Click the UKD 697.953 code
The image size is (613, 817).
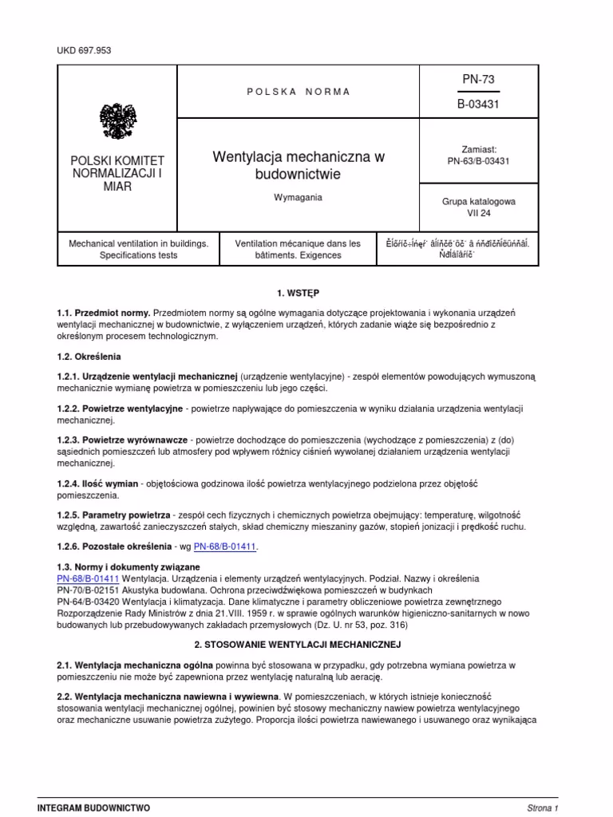83,50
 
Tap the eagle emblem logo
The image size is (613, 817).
117,120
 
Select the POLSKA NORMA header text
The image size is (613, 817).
298,92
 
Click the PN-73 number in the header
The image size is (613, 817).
479,79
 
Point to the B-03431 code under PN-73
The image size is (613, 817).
479,104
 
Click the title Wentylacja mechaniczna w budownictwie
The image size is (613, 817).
298,165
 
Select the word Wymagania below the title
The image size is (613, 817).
298,197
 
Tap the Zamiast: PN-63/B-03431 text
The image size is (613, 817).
479,155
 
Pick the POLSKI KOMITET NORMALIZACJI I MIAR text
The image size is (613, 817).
117,174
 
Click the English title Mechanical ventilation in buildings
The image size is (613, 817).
117,249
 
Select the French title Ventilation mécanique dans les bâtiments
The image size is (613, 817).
298,249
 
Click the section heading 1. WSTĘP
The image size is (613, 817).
298,294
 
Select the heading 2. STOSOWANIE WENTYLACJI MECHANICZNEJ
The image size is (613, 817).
298,644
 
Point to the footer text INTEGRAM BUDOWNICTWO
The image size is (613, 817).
93,807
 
